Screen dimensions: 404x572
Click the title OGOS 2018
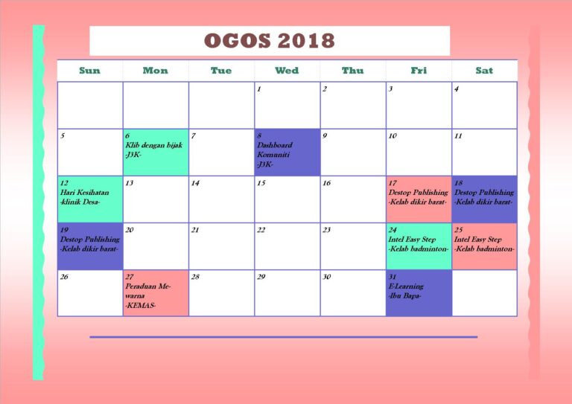tap(269, 40)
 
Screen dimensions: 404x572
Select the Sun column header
tap(89, 71)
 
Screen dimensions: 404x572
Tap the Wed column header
tap(287, 71)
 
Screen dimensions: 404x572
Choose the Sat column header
tap(484, 71)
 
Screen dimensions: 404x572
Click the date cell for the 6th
tap(156, 152)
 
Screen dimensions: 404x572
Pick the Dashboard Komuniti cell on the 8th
tap(287, 152)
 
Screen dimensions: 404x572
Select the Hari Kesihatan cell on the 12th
tap(90, 199)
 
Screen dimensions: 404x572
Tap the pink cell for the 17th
tap(419, 199)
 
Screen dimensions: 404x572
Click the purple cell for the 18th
tap(484, 199)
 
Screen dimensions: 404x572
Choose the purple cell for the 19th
tap(90, 246)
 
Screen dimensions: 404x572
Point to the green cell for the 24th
tap(419, 246)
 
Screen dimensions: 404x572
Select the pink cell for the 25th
tap(484, 246)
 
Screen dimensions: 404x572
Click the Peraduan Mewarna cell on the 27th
tap(156, 292)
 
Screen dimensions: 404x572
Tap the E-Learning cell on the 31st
tap(419, 292)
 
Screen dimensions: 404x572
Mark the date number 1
tap(259, 89)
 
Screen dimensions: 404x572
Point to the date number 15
tap(261, 183)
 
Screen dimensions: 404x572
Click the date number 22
tap(261, 230)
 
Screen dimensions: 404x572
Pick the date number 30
tap(327, 277)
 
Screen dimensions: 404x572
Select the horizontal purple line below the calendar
tap(283, 337)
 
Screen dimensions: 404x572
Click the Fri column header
tap(419, 71)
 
